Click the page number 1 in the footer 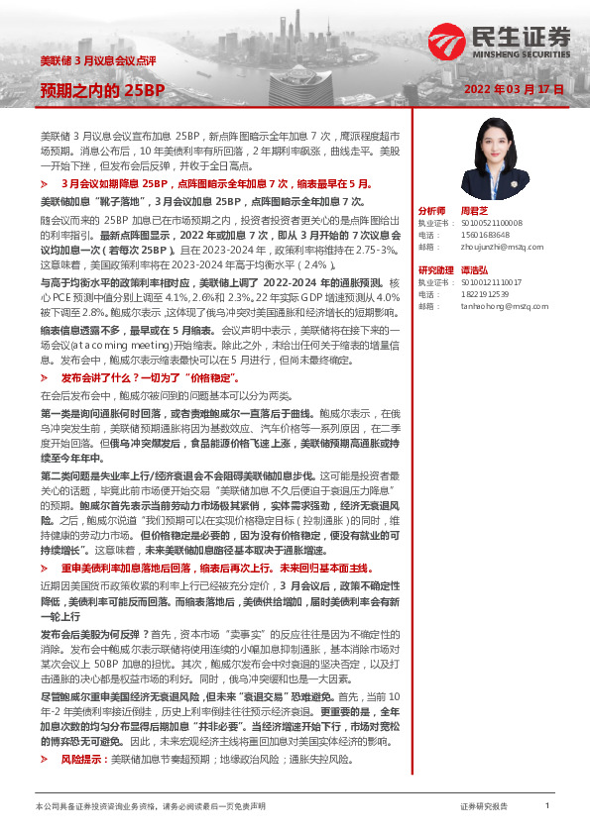(x=547, y=806)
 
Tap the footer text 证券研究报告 (x=484, y=807)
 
